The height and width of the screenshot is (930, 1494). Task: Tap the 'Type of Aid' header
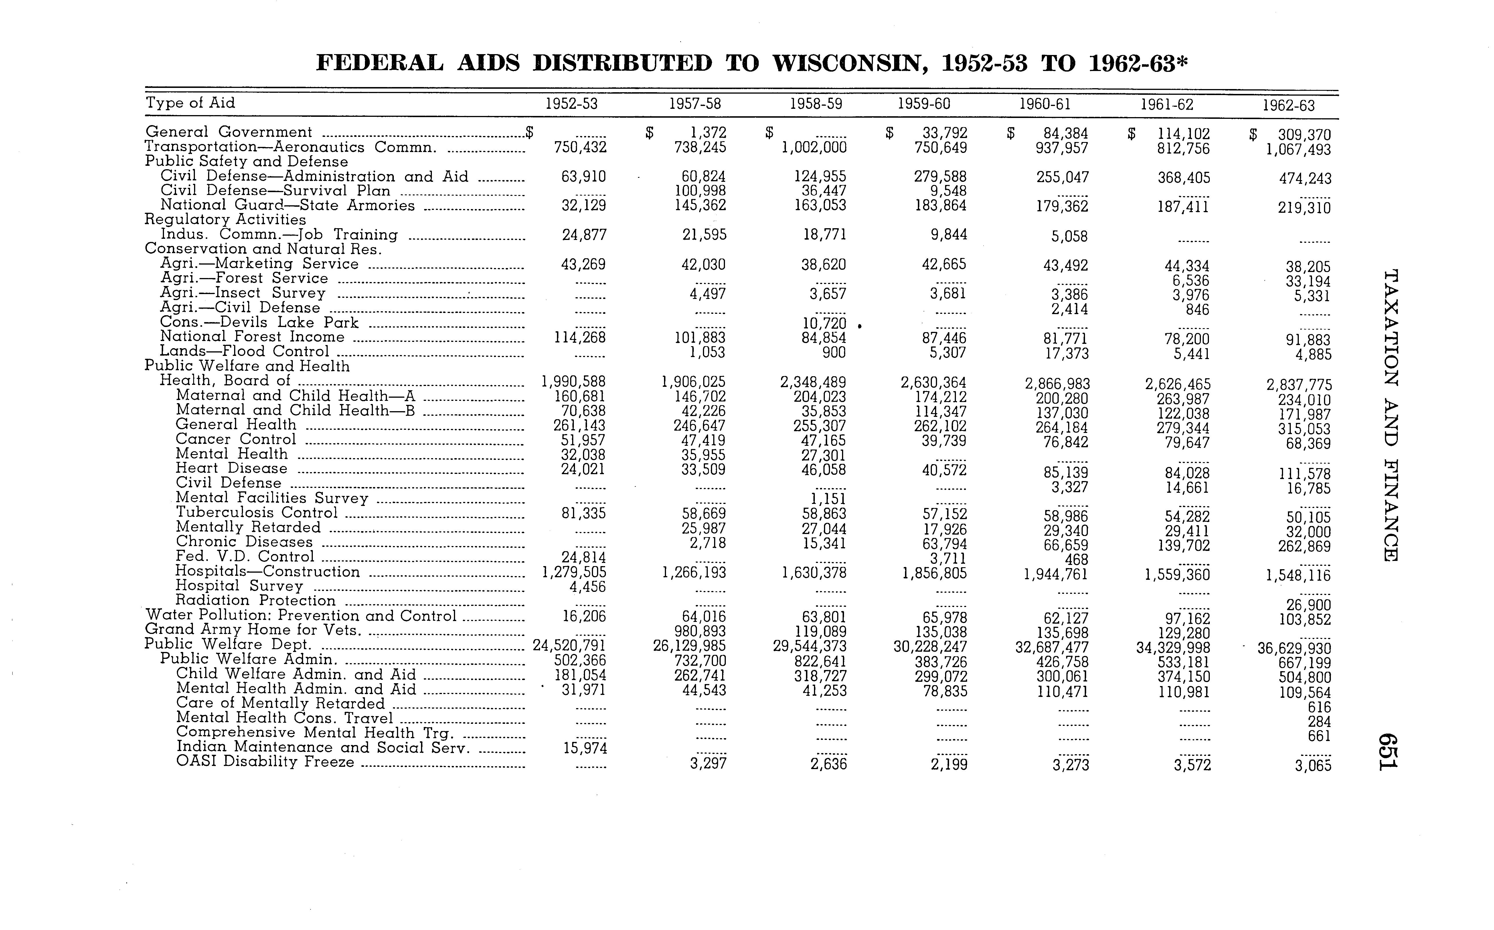point(190,103)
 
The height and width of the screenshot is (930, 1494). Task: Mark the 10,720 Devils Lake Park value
point(825,323)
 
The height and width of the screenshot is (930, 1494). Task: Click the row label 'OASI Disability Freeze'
point(265,762)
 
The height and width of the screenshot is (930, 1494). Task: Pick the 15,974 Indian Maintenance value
point(585,748)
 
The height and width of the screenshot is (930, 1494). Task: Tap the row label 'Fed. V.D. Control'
point(245,557)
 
